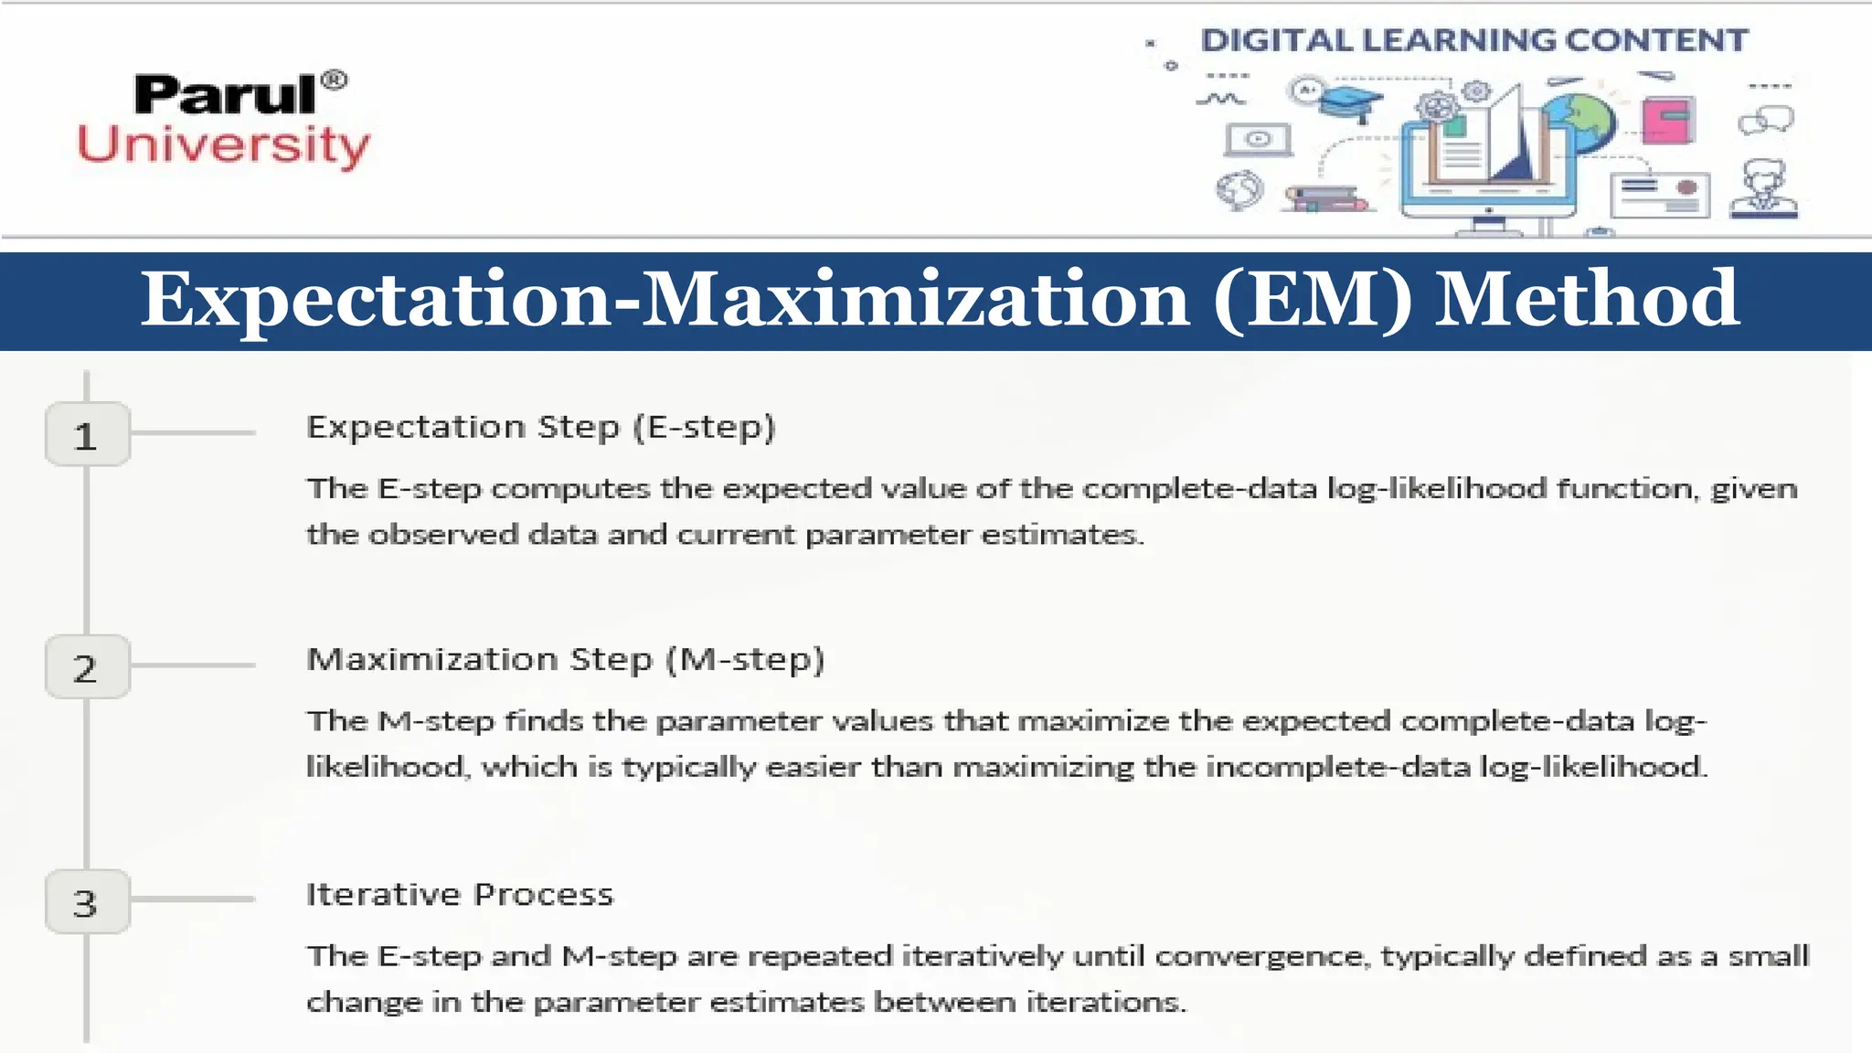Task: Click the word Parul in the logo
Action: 225,95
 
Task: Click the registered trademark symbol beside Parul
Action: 335,80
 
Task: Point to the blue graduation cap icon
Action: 1352,101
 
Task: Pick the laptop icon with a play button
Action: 1258,140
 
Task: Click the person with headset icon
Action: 1764,189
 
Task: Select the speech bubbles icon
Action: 1766,120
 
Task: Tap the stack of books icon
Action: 1325,198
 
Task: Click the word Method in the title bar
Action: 1587,300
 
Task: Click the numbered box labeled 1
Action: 87,435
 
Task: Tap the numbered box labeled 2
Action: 87,667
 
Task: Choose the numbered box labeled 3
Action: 87,902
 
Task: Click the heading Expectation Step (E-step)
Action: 541,428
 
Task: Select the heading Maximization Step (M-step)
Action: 566,660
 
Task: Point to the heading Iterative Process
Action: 460,894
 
